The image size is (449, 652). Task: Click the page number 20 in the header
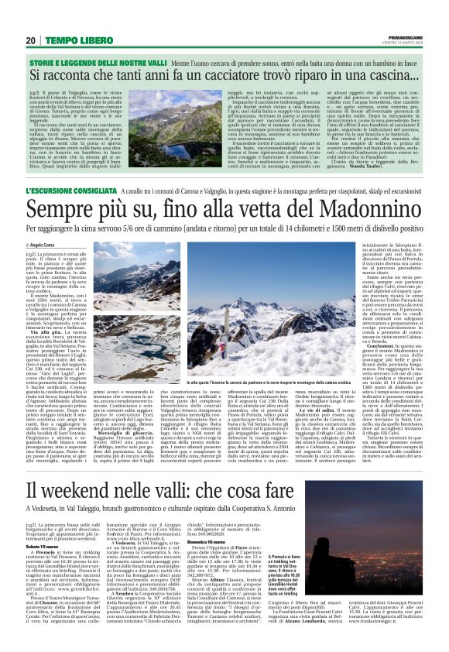[31, 40]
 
